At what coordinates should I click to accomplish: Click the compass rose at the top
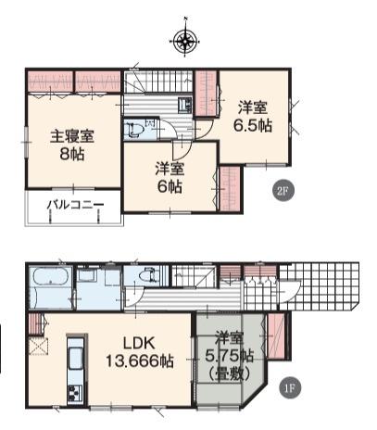tap(185, 41)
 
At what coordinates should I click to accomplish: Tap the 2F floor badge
tap(283, 191)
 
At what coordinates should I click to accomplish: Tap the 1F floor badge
tap(290, 387)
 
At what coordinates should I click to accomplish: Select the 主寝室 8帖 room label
tap(72, 145)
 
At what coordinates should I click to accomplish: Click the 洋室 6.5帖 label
tap(253, 117)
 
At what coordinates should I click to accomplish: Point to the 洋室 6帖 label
tap(170, 178)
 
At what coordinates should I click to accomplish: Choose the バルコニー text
tap(75, 205)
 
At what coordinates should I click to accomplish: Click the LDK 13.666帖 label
tap(140, 352)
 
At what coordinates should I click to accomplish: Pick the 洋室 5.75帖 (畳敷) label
tap(229, 356)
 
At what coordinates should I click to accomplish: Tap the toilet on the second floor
tap(134, 130)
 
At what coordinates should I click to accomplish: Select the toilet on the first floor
tap(147, 275)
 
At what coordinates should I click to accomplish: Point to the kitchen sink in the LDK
tap(75, 358)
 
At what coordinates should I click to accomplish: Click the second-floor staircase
tap(159, 82)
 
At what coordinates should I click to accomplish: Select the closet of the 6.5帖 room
tap(207, 94)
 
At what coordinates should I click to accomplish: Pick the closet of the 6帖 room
tap(230, 189)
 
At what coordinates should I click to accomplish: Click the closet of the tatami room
tap(276, 335)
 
